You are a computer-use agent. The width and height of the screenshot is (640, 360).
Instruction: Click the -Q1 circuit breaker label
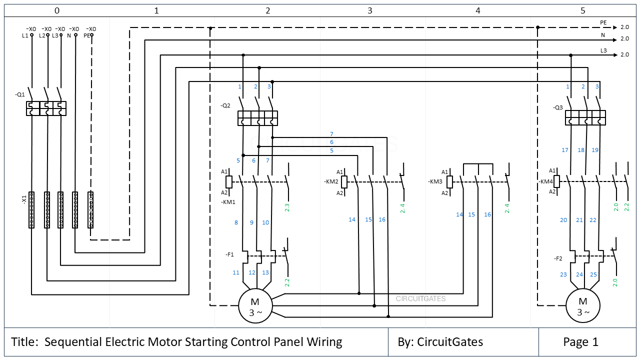click(x=20, y=94)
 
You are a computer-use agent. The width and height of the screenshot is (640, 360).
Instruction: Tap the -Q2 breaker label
click(x=225, y=106)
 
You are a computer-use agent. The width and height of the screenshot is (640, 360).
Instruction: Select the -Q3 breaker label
click(x=558, y=107)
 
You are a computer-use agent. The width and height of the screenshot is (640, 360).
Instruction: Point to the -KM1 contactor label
click(x=228, y=202)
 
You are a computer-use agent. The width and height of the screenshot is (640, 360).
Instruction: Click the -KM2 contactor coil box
click(x=344, y=182)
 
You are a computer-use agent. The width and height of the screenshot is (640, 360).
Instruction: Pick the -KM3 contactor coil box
click(x=449, y=182)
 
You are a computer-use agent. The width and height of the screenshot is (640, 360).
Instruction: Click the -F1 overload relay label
click(x=229, y=254)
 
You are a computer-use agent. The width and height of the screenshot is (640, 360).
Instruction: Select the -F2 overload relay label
click(x=558, y=258)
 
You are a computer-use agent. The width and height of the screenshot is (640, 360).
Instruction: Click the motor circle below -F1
click(x=255, y=306)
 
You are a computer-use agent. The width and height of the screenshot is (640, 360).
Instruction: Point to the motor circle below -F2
click(x=582, y=306)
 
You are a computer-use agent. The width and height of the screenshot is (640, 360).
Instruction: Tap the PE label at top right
click(x=603, y=22)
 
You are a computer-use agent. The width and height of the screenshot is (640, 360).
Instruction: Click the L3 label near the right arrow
click(x=603, y=50)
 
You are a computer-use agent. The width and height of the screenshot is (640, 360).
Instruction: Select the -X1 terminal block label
click(x=23, y=199)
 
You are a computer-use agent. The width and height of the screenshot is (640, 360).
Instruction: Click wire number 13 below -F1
click(x=265, y=272)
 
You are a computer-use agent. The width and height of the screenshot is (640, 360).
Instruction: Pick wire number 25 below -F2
click(x=593, y=274)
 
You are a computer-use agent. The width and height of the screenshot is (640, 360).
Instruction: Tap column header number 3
click(x=370, y=10)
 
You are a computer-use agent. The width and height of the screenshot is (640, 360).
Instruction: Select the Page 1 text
click(x=580, y=342)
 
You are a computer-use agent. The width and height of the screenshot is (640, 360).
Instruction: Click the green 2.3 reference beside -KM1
click(x=287, y=207)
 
